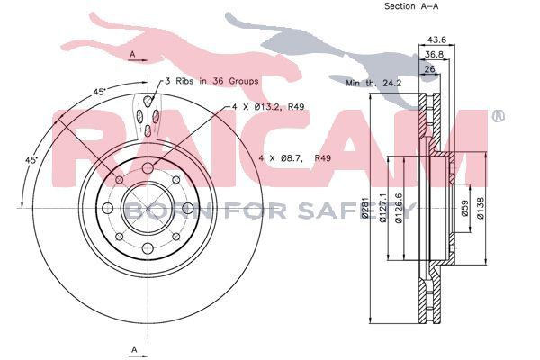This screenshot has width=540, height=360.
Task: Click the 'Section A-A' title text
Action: [x=411, y=6]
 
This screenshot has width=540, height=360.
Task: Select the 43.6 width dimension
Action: [x=436, y=40]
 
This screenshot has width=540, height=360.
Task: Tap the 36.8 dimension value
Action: [x=434, y=54]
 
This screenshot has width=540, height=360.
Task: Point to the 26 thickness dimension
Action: [x=429, y=69]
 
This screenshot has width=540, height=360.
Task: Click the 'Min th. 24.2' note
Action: [x=373, y=83]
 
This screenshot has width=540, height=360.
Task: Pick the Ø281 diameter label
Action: [x=365, y=208]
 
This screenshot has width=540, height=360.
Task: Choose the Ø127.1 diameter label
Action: [x=382, y=208]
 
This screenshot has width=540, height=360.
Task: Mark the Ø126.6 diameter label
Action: [x=399, y=208]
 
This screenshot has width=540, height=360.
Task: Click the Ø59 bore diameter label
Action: [x=464, y=209]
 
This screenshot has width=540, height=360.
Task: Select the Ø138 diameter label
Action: [x=481, y=208]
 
